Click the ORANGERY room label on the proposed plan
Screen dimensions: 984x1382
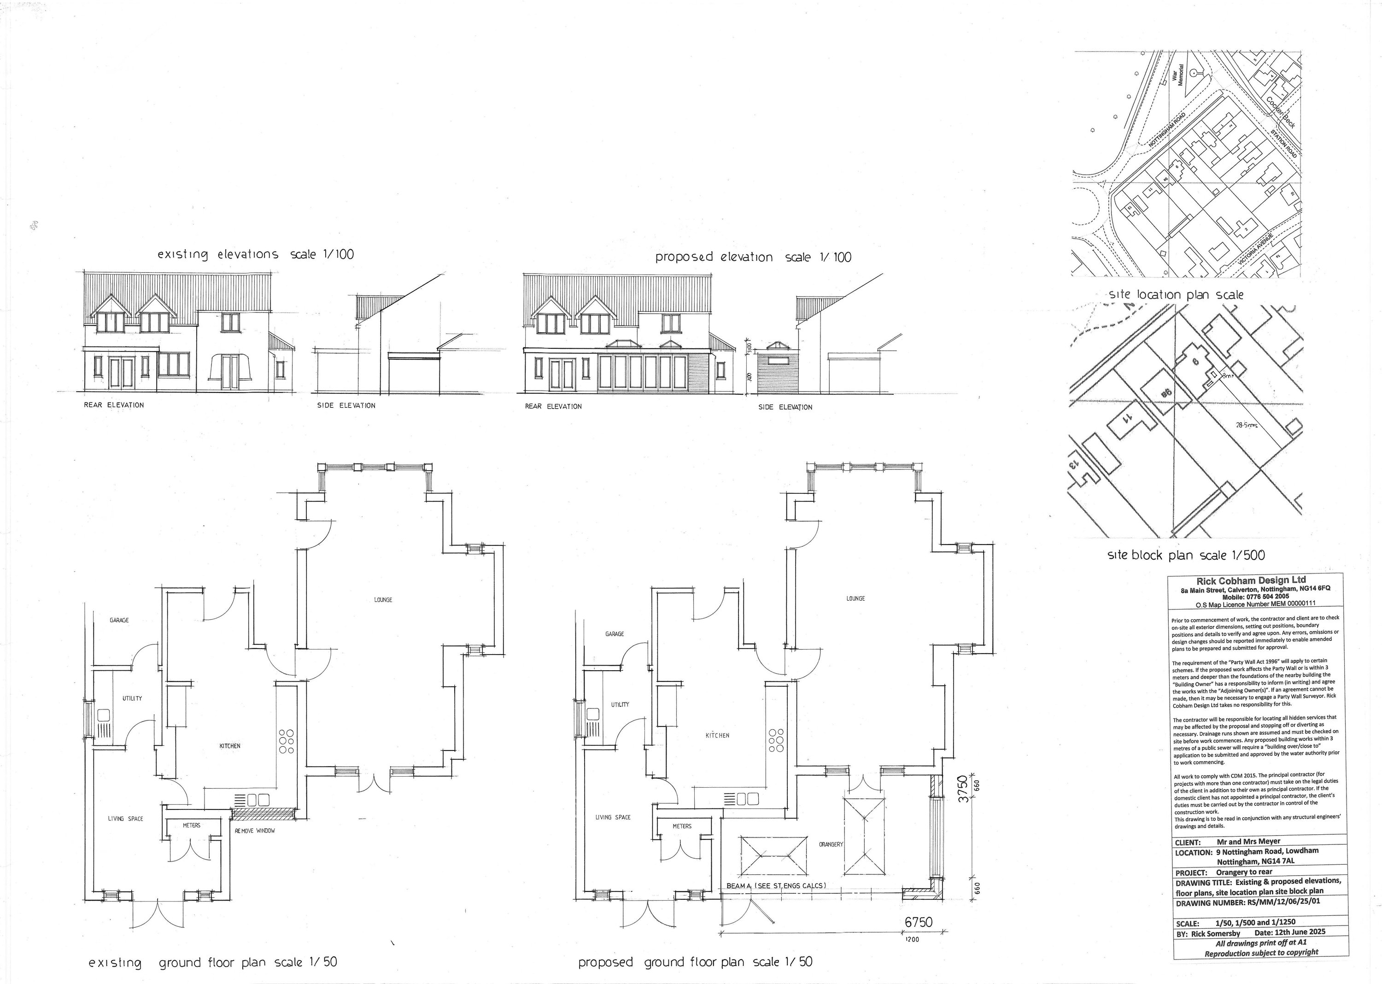(x=831, y=844)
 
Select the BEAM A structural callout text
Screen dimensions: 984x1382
(x=775, y=886)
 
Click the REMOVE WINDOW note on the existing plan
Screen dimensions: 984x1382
(x=254, y=831)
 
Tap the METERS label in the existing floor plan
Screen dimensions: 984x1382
(x=192, y=825)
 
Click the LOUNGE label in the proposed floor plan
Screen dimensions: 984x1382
(x=855, y=598)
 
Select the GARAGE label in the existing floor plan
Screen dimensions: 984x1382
(x=119, y=620)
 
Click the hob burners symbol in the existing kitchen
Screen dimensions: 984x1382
(x=286, y=742)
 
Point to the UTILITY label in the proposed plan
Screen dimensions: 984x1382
(x=620, y=705)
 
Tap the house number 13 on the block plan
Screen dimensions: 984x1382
(x=1073, y=465)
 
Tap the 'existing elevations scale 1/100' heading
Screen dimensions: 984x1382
(x=256, y=254)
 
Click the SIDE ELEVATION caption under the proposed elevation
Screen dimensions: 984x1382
(x=785, y=407)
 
